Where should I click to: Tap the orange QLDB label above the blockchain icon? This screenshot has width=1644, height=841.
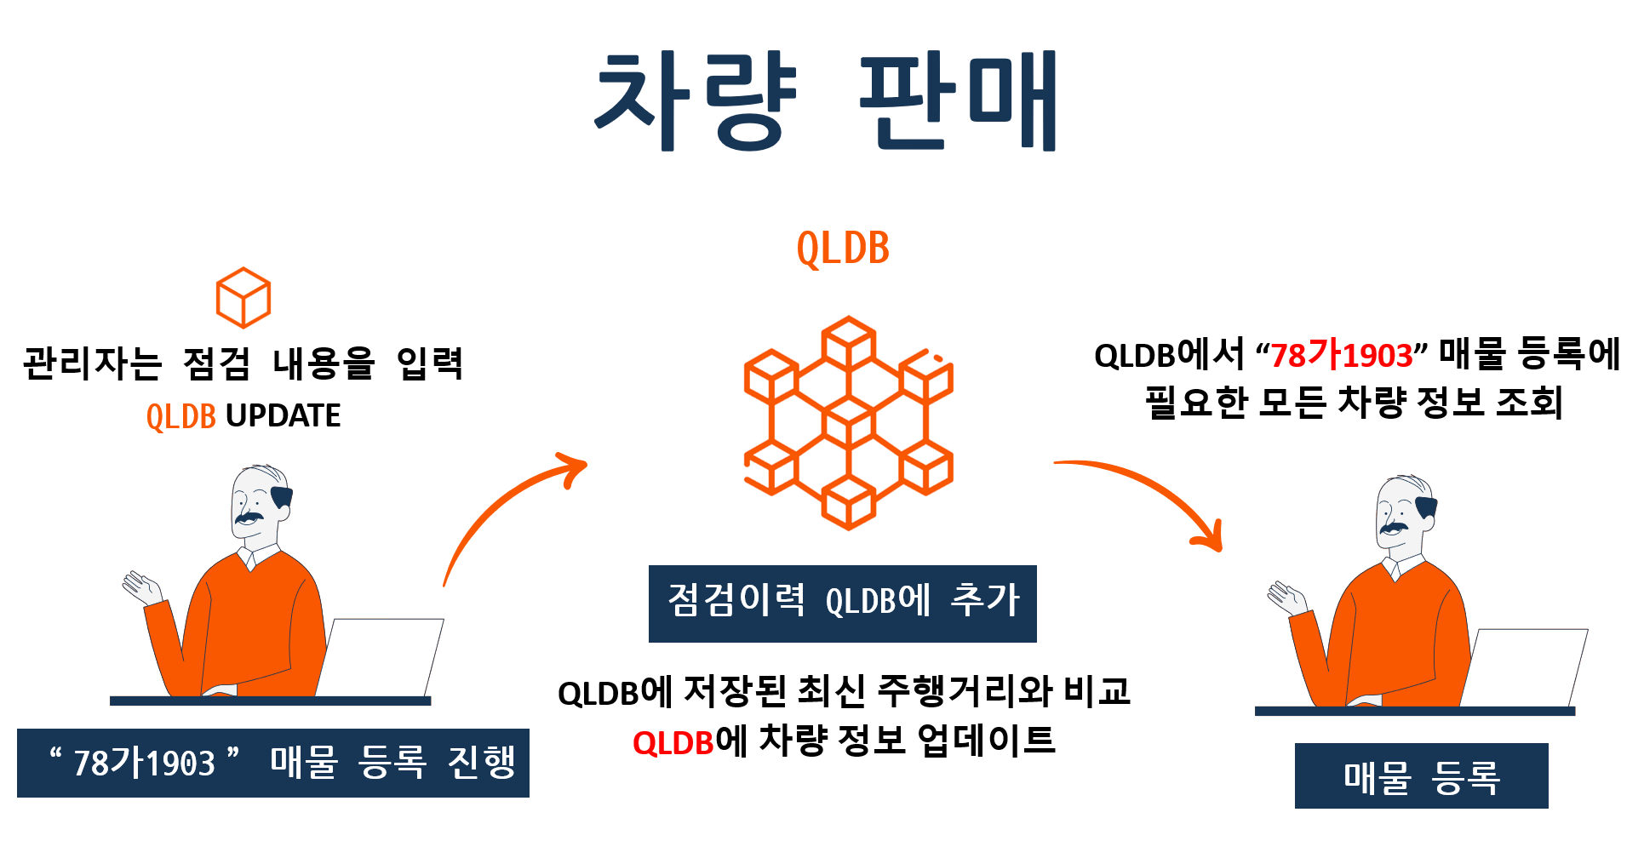[x=843, y=249]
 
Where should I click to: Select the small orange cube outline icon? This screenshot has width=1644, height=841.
[x=243, y=298]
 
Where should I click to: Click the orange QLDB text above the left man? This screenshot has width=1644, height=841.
[x=181, y=417]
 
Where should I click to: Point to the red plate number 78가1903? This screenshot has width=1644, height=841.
[x=1341, y=356]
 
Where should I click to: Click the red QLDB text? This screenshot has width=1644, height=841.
[x=673, y=743]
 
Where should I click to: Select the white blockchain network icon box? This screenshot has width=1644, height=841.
[x=843, y=422]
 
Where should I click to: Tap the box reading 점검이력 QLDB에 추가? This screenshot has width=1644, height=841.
[x=842, y=603]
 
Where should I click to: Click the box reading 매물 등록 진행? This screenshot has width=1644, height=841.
[x=272, y=763]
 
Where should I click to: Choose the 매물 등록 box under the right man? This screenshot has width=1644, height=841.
[x=1421, y=775]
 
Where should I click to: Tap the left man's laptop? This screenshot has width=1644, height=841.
[x=381, y=657]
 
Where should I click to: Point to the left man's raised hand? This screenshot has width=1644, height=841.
[x=141, y=587]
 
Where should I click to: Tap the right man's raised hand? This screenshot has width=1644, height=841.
[x=1286, y=598]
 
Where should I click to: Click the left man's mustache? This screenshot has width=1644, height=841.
[x=249, y=517]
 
